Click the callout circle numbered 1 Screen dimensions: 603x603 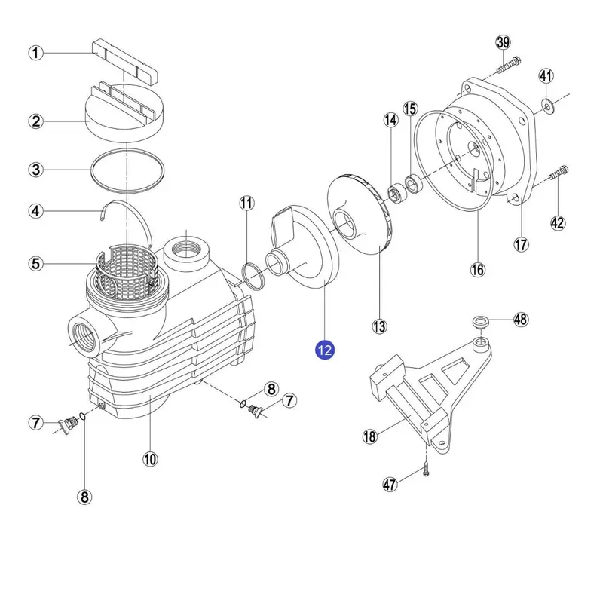[x=36, y=53]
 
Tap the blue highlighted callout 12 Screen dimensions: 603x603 [x=326, y=349]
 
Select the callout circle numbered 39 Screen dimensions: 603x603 [x=504, y=42]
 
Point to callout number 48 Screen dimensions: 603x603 [x=520, y=319]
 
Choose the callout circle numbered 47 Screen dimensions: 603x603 [x=389, y=485]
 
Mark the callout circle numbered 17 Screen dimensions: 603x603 [x=522, y=244]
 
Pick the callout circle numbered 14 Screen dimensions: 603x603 [x=390, y=120]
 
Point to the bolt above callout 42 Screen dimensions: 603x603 [x=557, y=174]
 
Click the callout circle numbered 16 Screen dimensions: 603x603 [x=479, y=269]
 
